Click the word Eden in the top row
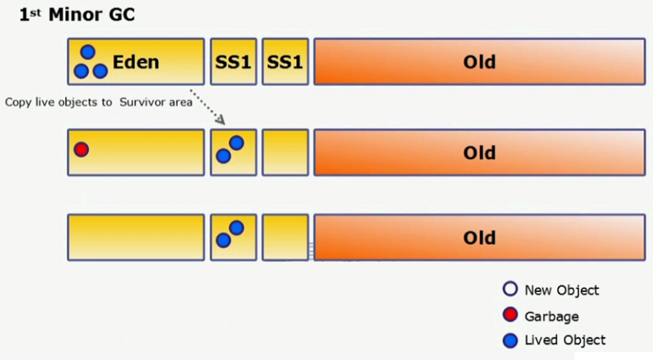[x=136, y=61]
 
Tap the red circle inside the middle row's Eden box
[x=81, y=149]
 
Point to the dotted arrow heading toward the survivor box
[x=208, y=105]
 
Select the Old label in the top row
[x=479, y=61]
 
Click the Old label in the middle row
[x=479, y=153]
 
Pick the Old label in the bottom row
[x=479, y=238]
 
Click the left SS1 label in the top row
[x=233, y=61]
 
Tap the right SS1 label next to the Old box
[x=285, y=61]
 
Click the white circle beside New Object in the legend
[x=509, y=290]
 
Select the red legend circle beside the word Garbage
[x=509, y=316]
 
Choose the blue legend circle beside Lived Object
[x=509, y=341]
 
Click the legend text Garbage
[x=551, y=316]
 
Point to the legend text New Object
[x=561, y=290]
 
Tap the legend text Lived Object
[x=564, y=340]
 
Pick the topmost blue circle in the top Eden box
[x=88, y=52]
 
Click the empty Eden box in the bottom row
[x=135, y=237]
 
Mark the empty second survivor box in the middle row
[x=285, y=152]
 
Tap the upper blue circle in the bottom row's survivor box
[x=236, y=228]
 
